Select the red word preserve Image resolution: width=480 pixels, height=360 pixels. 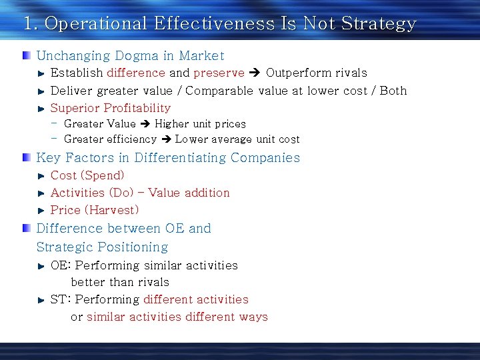(219, 73)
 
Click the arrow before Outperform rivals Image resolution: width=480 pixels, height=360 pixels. (255, 73)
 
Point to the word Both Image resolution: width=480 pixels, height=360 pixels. (393, 91)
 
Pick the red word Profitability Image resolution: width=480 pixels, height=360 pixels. (132, 108)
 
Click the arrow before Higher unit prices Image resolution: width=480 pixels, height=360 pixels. (145, 124)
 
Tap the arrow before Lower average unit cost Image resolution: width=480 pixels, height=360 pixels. (165, 139)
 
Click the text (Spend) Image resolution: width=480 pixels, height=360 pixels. (102, 175)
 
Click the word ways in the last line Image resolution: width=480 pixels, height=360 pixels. (253, 317)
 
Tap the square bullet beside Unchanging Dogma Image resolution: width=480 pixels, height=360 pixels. (26, 55)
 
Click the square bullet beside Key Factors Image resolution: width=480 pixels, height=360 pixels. (26, 157)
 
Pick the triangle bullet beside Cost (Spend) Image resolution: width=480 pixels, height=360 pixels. (41, 176)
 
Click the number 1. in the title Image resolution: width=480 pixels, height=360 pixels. (30, 24)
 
